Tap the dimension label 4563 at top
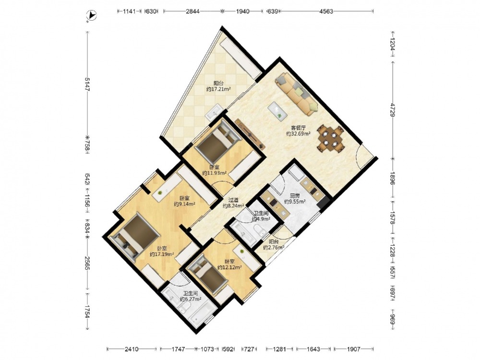326,12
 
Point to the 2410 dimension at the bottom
132,349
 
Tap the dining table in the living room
331,138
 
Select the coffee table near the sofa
277,110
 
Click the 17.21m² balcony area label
218,86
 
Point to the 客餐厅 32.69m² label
299,131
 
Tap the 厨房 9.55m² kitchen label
295,199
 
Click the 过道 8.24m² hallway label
233,203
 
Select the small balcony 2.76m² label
274,245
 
